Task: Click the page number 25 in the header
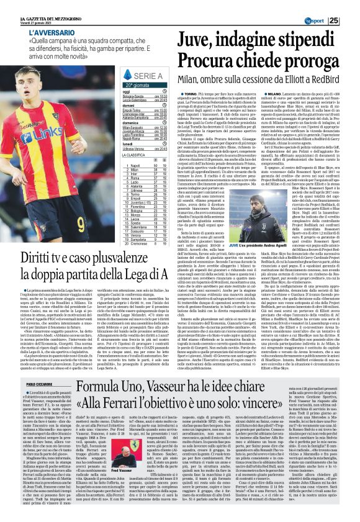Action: click(x=351, y=21)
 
